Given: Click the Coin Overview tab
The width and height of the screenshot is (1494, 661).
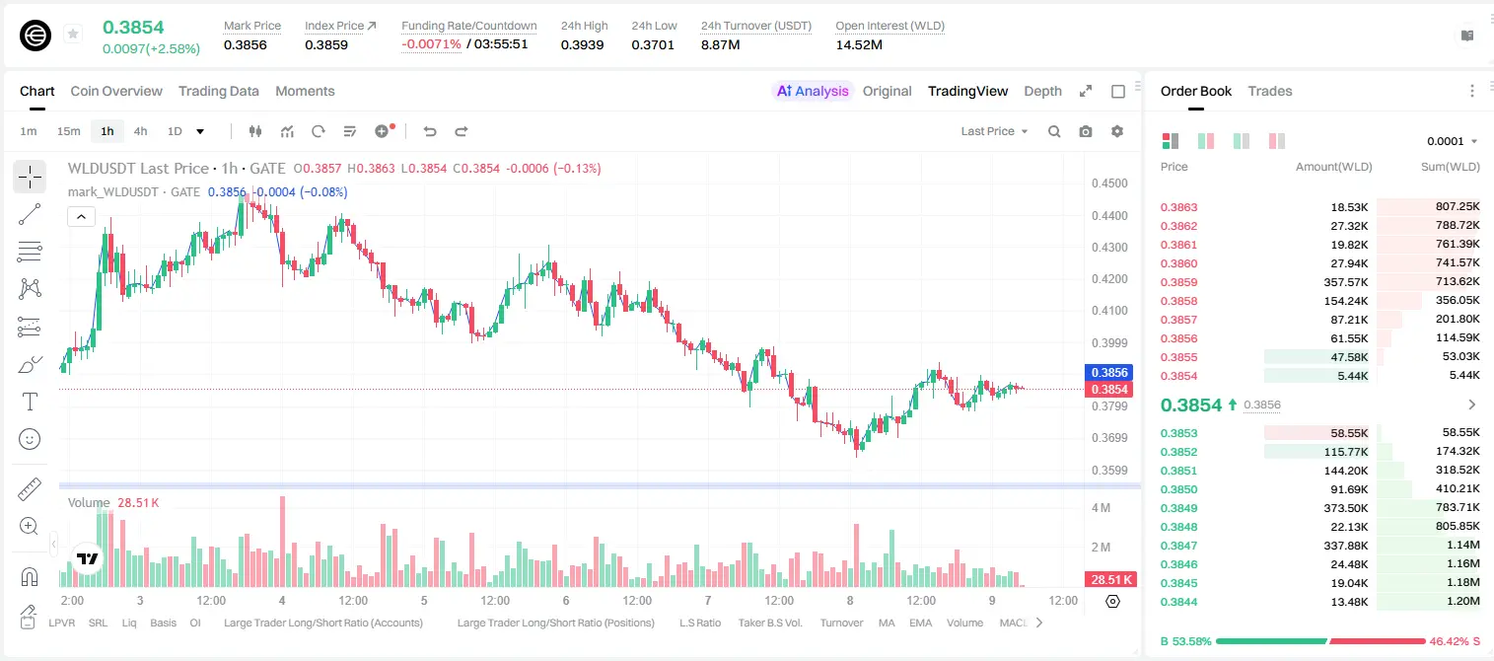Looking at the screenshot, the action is click(x=116, y=91).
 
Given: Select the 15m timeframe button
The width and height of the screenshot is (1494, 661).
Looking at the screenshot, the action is click(x=68, y=131).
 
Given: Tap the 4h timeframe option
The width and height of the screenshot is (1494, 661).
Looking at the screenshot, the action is click(x=140, y=131).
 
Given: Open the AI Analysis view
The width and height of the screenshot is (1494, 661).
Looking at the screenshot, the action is click(x=813, y=91).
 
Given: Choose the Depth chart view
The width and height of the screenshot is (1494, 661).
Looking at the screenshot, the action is click(x=1042, y=91).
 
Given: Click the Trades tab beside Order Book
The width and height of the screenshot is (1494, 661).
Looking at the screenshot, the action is click(x=1270, y=91).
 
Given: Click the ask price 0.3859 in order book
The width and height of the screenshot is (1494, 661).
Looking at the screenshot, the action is click(x=1178, y=282).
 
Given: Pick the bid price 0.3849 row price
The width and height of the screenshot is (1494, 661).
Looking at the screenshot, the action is click(x=1178, y=508).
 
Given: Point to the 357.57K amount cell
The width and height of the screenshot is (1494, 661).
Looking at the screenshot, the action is click(x=1345, y=282).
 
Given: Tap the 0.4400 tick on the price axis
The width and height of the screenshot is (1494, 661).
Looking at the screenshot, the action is click(x=1109, y=215).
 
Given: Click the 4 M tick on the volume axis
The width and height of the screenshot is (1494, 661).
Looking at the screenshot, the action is click(x=1101, y=508).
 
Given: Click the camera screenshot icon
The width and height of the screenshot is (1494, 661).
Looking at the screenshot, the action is click(x=1086, y=131).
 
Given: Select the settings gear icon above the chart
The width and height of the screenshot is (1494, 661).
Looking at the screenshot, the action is click(x=1117, y=131).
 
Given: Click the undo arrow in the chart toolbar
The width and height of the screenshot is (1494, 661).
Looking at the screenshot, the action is click(x=430, y=131).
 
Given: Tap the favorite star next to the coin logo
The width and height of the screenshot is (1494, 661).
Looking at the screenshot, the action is click(x=73, y=34).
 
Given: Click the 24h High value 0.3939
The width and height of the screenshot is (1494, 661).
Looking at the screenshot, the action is click(x=582, y=44).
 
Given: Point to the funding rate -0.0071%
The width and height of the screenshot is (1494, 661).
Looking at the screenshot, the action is click(x=431, y=44).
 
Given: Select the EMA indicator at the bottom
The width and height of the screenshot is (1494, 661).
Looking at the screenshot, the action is click(x=920, y=623).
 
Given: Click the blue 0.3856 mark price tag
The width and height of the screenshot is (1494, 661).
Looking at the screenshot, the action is click(x=1109, y=372).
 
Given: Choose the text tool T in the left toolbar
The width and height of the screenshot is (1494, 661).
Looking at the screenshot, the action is click(x=30, y=402).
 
